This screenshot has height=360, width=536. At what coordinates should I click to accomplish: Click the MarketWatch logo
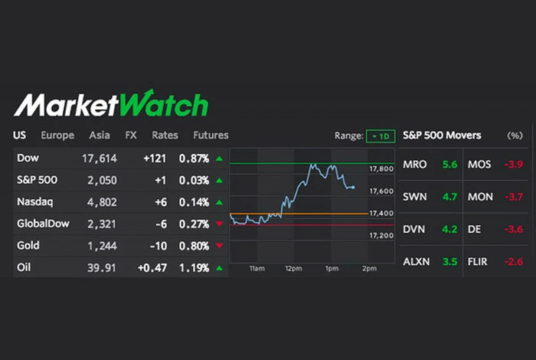click(111, 104)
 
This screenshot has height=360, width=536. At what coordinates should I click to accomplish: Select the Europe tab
click(57, 136)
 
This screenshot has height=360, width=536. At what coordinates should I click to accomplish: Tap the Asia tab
click(100, 136)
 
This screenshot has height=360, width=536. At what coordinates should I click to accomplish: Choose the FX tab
click(131, 136)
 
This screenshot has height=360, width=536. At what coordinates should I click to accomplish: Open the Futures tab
click(211, 136)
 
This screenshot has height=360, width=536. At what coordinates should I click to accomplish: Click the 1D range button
click(381, 136)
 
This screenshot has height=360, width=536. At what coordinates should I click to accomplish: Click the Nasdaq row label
click(34, 202)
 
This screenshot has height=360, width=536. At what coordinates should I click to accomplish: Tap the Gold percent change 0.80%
click(194, 246)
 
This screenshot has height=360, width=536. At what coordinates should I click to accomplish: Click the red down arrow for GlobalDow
click(220, 224)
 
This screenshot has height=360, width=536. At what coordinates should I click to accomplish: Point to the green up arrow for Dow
click(220, 159)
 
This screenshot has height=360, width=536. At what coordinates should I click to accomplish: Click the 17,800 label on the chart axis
click(381, 169)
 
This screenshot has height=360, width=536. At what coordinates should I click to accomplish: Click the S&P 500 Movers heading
click(443, 136)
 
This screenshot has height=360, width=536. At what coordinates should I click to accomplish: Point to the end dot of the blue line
click(353, 187)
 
